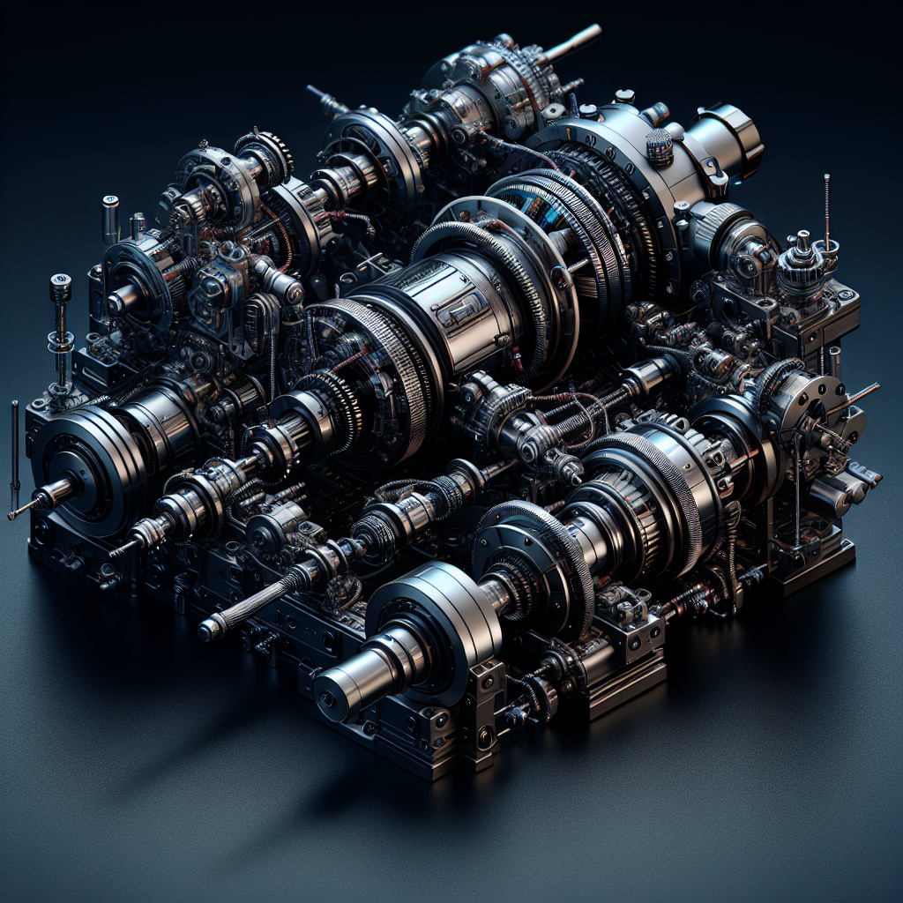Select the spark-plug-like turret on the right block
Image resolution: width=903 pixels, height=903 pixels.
click(x=802, y=250)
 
